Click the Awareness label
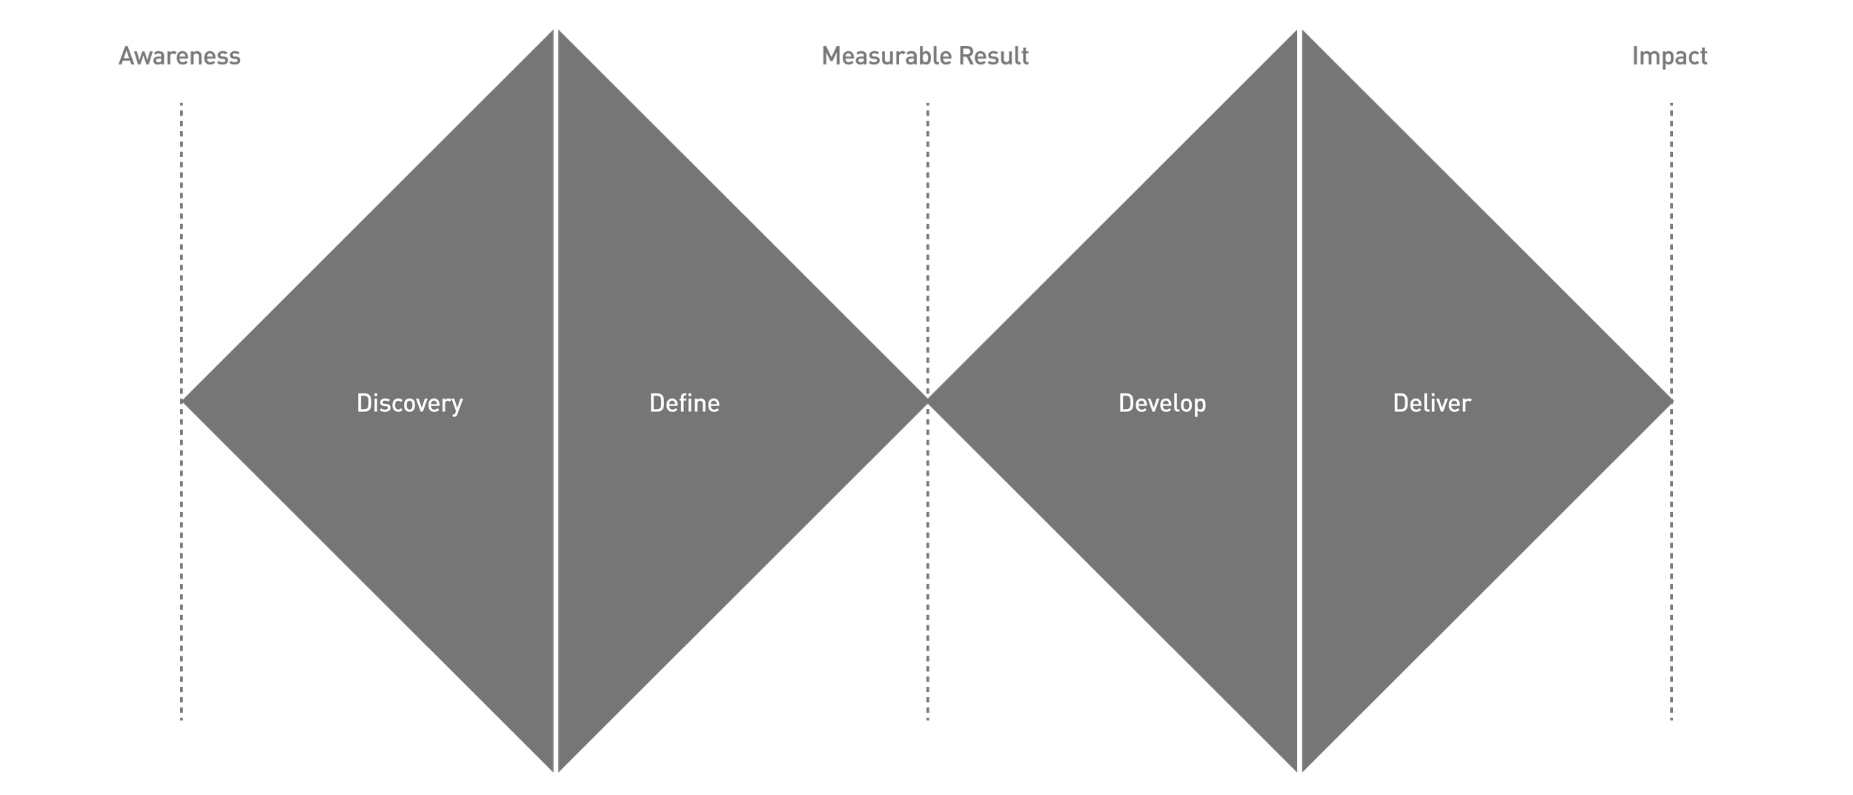[179, 56]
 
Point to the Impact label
[1669, 56]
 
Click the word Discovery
[409, 403]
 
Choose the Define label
[684, 403]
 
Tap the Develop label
[1161, 403]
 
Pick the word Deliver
[1431, 403]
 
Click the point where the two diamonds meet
[927, 401]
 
